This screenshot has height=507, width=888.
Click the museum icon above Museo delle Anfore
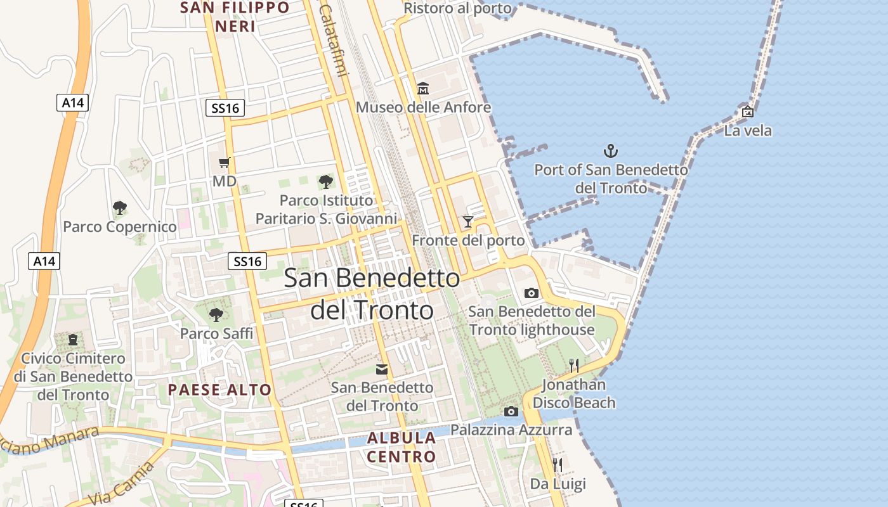pos(423,88)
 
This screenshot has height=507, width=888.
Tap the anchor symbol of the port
pos(610,151)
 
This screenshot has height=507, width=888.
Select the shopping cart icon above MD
pos(224,162)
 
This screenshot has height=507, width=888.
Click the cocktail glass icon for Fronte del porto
pos(468,221)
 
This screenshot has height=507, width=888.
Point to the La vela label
pos(748,131)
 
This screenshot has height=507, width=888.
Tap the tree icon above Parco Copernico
pos(119,207)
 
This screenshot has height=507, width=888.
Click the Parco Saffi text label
pos(216,333)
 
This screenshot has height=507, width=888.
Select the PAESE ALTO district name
pos(219,390)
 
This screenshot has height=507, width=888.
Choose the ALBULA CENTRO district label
pos(402,447)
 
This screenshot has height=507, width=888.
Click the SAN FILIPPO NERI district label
pos(235,17)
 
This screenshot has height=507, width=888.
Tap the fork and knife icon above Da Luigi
pos(558,465)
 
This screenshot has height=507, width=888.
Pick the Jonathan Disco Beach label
pos(574,394)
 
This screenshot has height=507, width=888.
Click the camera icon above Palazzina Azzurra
pos(511,411)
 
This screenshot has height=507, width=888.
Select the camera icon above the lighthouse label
pos(532,293)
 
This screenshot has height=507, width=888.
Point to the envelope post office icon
pos(382,369)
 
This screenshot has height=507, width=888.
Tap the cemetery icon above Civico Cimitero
pos(73,340)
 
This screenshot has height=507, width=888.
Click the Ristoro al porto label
pos(457,8)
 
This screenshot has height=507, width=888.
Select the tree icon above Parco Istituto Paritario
pos(326,182)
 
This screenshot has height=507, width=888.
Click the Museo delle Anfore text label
pos(423,107)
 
